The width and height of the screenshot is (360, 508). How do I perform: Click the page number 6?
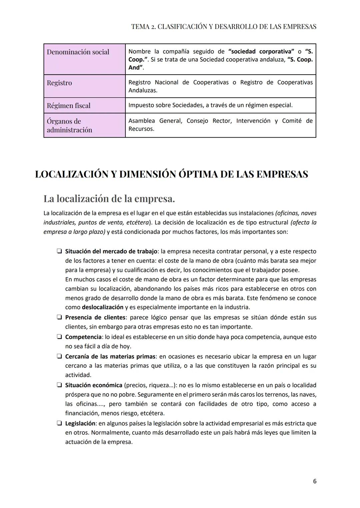pyautogui.click(x=315, y=481)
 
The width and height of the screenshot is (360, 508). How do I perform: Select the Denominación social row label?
pyautogui.click(x=78, y=52)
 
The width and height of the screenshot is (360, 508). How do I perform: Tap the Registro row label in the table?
pyautogui.click(x=59, y=83)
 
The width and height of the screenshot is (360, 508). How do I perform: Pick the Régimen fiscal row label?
pyautogui.click(x=69, y=106)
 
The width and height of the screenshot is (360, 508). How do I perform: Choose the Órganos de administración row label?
pyautogui.click(x=69, y=126)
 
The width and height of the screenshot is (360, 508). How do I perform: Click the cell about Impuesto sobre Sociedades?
pyautogui.click(x=210, y=105)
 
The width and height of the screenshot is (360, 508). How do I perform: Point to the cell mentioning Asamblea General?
pyautogui.click(x=220, y=125)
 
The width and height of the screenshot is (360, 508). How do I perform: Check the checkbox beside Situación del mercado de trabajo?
pyautogui.click(x=59, y=251)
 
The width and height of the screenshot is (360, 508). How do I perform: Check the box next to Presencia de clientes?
pyautogui.click(x=59, y=317)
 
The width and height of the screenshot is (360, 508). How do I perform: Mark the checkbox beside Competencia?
pyautogui.click(x=59, y=337)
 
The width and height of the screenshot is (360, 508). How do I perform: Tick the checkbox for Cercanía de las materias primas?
pyautogui.click(x=59, y=356)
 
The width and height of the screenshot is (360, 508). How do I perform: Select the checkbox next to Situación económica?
pyautogui.click(x=59, y=385)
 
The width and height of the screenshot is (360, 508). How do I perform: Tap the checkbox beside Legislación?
pyautogui.click(x=59, y=423)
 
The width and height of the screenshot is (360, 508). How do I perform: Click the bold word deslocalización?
pyautogui.click(x=103, y=307)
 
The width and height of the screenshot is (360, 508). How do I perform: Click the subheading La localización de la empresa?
pyautogui.click(x=109, y=199)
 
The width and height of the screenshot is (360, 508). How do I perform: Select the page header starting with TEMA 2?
pyautogui.click(x=224, y=27)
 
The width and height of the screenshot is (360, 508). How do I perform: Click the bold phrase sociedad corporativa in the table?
pyautogui.click(x=261, y=52)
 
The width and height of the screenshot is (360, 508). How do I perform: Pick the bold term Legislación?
pyautogui.click(x=80, y=423)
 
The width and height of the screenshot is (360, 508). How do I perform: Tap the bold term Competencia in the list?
pyautogui.click(x=83, y=337)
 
